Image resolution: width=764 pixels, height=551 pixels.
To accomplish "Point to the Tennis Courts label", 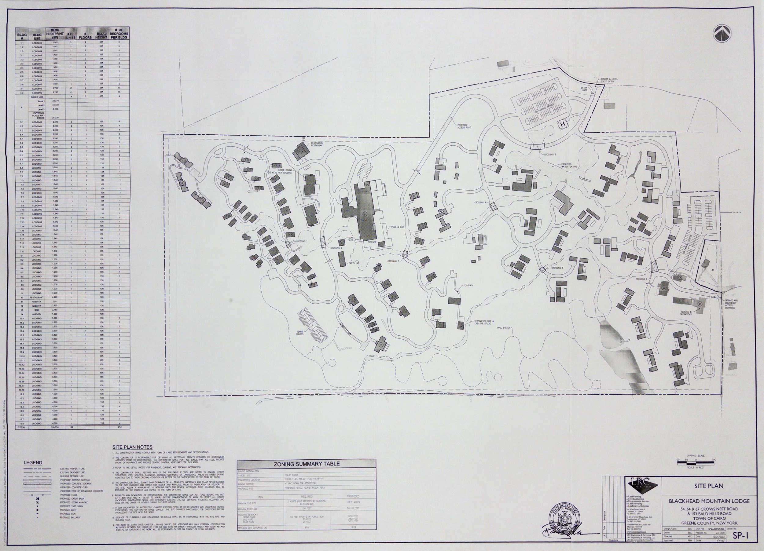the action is (x=299, y=333).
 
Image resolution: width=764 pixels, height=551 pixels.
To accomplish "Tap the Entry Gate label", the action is (x=584, y=89).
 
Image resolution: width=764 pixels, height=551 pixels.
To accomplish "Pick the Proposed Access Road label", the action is (x=464, y=126).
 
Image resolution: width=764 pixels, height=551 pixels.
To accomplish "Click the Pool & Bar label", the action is (x=397, y=227).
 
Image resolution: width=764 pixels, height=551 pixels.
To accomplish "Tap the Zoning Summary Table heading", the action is (x=306, y=463).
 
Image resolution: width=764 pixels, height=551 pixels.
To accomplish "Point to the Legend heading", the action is (x=33, y=463).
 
